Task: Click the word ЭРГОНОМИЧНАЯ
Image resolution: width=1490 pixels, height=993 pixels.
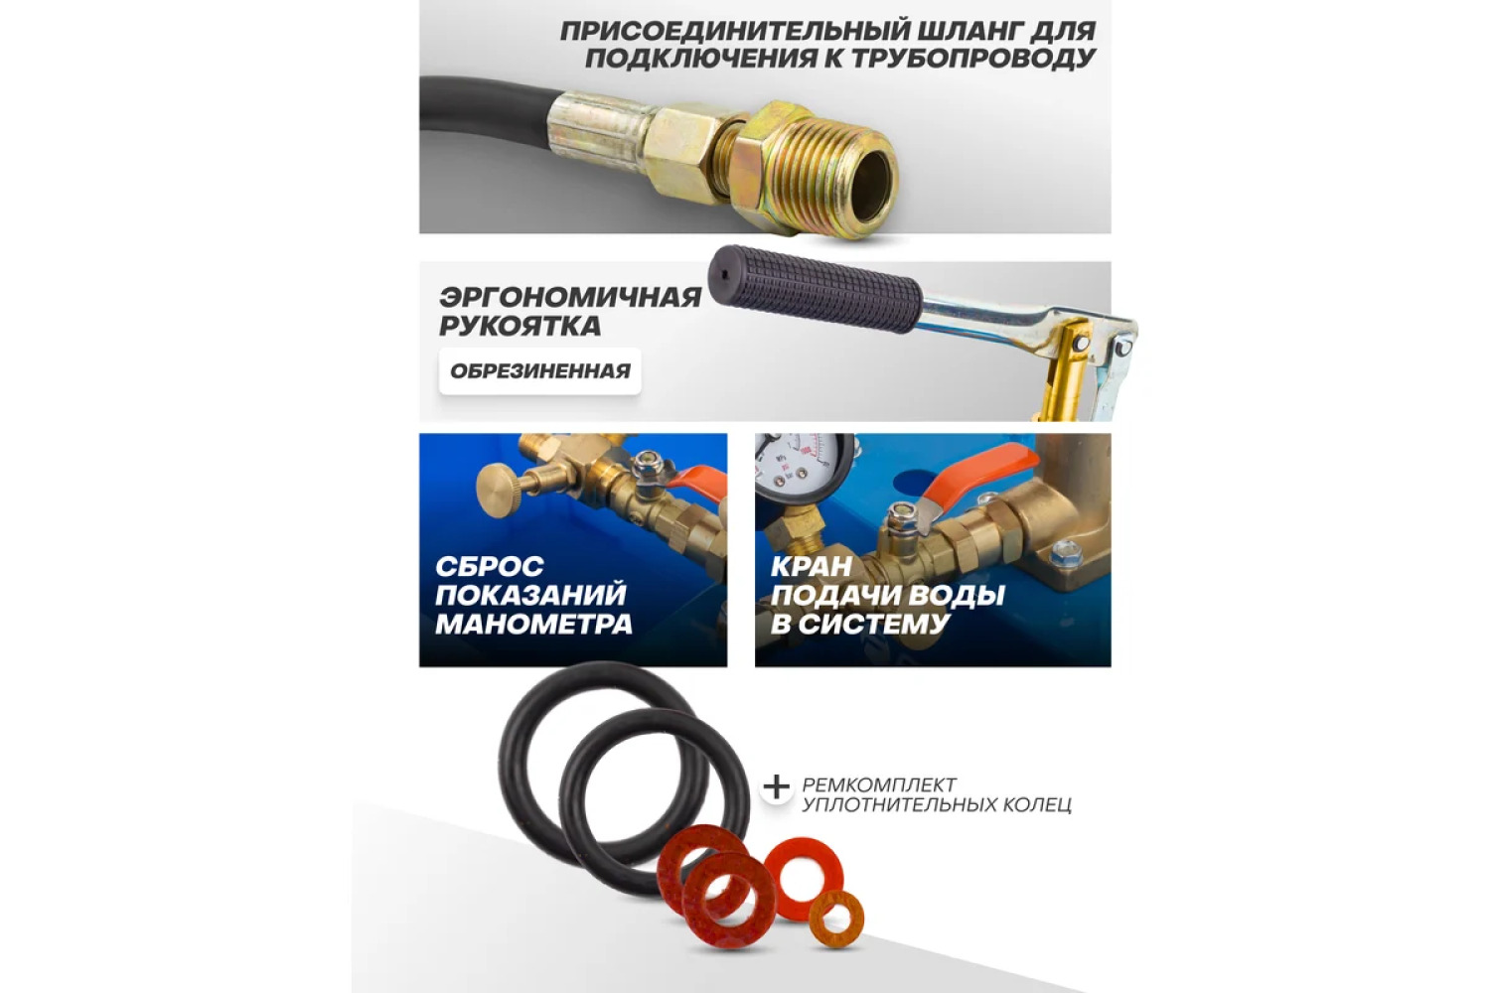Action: pyautogui.click(x=570, y=297)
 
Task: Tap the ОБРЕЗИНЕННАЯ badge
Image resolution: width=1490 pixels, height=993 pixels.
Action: pyautogui.click(x=540, y=371)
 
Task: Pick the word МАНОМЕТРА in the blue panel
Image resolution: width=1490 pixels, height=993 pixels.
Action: pyautogui.click(x=533, y=624)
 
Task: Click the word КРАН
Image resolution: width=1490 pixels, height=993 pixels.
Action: pyautogui.click(x=812, y=567)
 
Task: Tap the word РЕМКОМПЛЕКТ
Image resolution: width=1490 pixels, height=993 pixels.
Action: pyautogui.click(x=879, y=784)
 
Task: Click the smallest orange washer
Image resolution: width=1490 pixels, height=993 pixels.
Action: pyautogui.click(x=836, y=920)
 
